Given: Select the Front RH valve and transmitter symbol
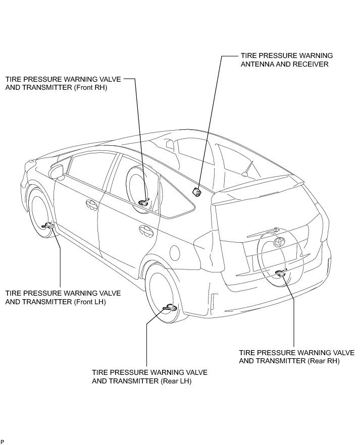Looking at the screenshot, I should click(143, 203).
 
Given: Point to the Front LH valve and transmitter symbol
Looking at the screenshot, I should click(48, 225).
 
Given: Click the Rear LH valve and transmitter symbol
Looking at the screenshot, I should click(169, 308).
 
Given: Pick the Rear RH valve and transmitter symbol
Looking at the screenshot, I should click(281, 273).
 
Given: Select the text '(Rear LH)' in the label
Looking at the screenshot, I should click(176, 381).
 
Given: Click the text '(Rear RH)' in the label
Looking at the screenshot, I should click(323, 361).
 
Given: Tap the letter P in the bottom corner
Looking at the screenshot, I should click(3, 441).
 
